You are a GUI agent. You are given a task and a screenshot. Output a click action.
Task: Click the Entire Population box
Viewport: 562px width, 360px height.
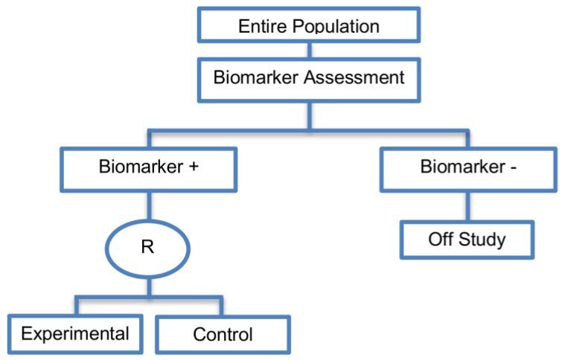coord(308,25)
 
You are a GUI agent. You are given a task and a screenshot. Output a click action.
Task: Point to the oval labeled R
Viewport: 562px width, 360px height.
coord(148,247)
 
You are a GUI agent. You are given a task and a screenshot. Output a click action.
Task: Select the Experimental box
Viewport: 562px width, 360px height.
coord(74,332)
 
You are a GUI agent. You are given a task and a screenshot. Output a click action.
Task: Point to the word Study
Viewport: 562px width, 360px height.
coord(482,240)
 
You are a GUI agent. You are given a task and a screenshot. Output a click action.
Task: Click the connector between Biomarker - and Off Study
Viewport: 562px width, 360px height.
coord(468,205)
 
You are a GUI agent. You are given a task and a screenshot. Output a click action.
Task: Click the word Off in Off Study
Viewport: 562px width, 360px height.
coord(440,240)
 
